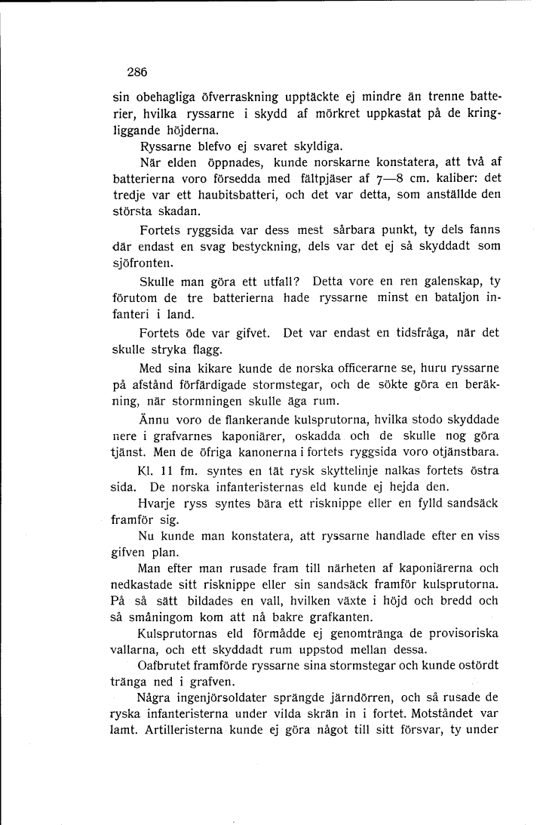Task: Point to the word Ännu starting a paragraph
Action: click(x=155, y=420)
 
